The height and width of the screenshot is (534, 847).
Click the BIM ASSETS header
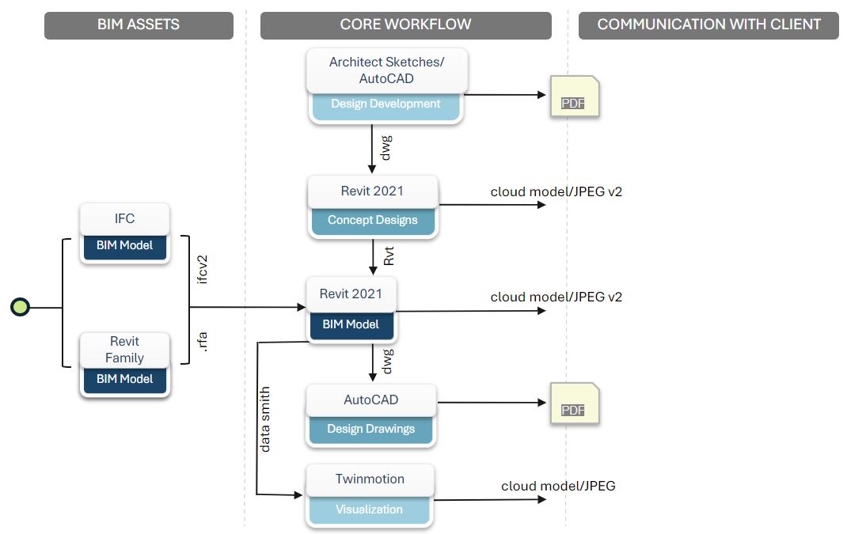point(139,25)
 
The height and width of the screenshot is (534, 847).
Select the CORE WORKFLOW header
point(405,25)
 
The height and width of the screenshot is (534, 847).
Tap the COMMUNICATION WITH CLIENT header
point(708,25)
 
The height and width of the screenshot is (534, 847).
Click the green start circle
point(20,307)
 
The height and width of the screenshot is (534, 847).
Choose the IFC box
point(124,218)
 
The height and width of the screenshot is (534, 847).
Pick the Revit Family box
point(124,350)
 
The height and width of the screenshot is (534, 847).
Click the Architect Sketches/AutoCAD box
point(386,70)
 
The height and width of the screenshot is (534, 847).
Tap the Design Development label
point(386,104)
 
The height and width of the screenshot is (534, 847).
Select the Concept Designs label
point(372,220)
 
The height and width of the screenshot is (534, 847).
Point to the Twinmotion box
point(370,479)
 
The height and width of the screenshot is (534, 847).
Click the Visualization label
point(369,509)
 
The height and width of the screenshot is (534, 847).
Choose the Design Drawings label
point(370,429)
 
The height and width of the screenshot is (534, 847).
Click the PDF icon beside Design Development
point(575,97)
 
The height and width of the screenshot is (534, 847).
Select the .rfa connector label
point(203,342)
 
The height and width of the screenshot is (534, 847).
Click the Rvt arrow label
point(389,256)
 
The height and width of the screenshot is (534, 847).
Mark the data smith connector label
point(265,419)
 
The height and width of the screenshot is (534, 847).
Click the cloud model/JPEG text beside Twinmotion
point(558,486)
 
